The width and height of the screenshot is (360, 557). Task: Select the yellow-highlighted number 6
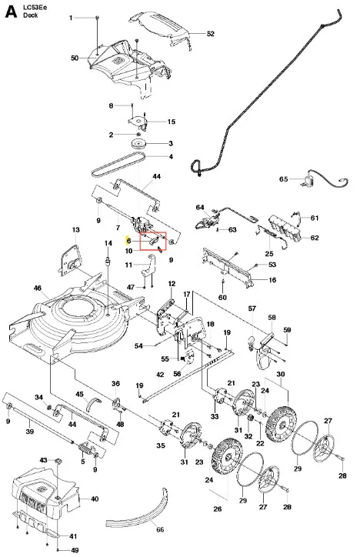[x=128, y=241]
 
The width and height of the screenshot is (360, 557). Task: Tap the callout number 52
[x=211, y=34]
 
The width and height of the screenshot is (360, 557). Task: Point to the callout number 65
[x=283, y=179]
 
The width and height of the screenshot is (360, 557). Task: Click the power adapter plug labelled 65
[x=308, y=182]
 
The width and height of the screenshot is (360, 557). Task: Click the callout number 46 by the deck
[x=38, y=288]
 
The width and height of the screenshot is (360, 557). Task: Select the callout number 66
[x=160, y=529]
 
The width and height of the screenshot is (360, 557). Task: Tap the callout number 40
[x=95, y=499]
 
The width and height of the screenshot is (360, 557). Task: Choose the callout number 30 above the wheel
[x=281, y=374]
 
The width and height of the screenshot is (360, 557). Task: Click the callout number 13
[x=75, y=230]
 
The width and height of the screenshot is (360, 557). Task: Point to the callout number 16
[x=272, y=280]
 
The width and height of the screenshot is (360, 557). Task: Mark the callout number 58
[x=272, y=317]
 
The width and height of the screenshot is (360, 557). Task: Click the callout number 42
[x=160, y=375]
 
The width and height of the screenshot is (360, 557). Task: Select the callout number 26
[x=218, y=509]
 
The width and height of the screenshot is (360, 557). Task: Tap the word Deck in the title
[x=31, y=15]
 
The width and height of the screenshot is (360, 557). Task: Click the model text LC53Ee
[x=35, y=8]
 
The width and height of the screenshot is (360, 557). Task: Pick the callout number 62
[x=315, y=238]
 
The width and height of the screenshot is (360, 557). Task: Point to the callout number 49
[x=75, y=550]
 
